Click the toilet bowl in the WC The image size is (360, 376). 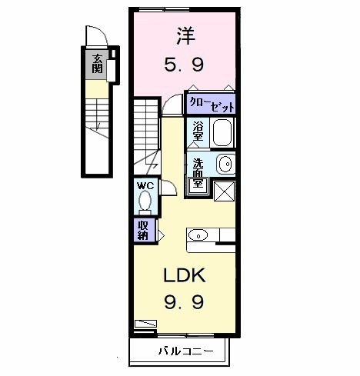pyautogui.click(x=145, y=201)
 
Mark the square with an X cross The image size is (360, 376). pyautogui.click(x=223, y=190)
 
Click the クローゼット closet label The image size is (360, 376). pyautogui.click(x=210, y=104)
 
